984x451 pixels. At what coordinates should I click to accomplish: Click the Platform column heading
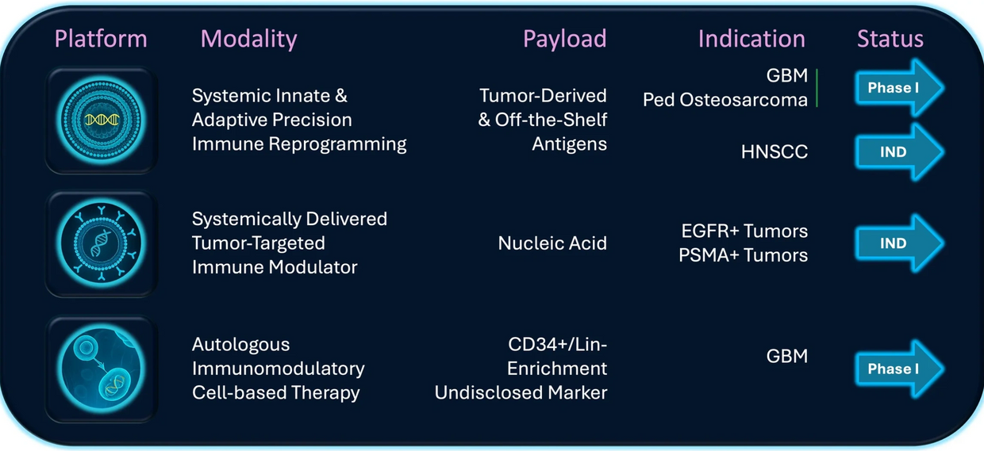(x=101, y=39)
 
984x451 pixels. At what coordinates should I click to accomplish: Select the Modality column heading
(x=248, y=40)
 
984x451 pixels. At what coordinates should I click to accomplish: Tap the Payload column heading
(x=564, y=40)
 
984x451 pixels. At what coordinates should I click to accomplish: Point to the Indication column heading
(x=751, y=39)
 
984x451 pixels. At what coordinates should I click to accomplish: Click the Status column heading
(x=890, y=39)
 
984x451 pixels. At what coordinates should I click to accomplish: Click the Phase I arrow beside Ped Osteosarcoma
(x=899, y=88)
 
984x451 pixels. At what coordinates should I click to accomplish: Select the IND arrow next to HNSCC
(x=899, y=152)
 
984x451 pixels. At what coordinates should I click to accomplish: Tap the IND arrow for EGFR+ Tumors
(x=899, y=243)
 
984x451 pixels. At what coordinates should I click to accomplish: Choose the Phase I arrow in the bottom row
(x=899, y=369)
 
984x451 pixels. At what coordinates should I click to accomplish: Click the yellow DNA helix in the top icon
(x=102, y=120)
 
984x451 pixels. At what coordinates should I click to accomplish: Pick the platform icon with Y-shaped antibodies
(x=101, y=244)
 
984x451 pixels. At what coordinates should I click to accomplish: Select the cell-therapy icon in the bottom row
(x=101, y=369)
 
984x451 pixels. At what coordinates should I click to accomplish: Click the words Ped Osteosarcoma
(x=725, y=101)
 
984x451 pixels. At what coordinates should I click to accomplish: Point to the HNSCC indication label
(x=774, y=152)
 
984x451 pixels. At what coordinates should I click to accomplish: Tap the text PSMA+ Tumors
(x=743, y=255)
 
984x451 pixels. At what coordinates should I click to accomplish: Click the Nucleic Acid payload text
(x=552, y=243)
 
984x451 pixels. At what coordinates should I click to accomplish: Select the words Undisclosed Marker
(x=521, y=392)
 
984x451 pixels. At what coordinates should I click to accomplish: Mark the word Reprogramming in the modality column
(x=337, y=145)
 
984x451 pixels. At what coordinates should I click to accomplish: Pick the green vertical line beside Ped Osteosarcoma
(x=817, y=88)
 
